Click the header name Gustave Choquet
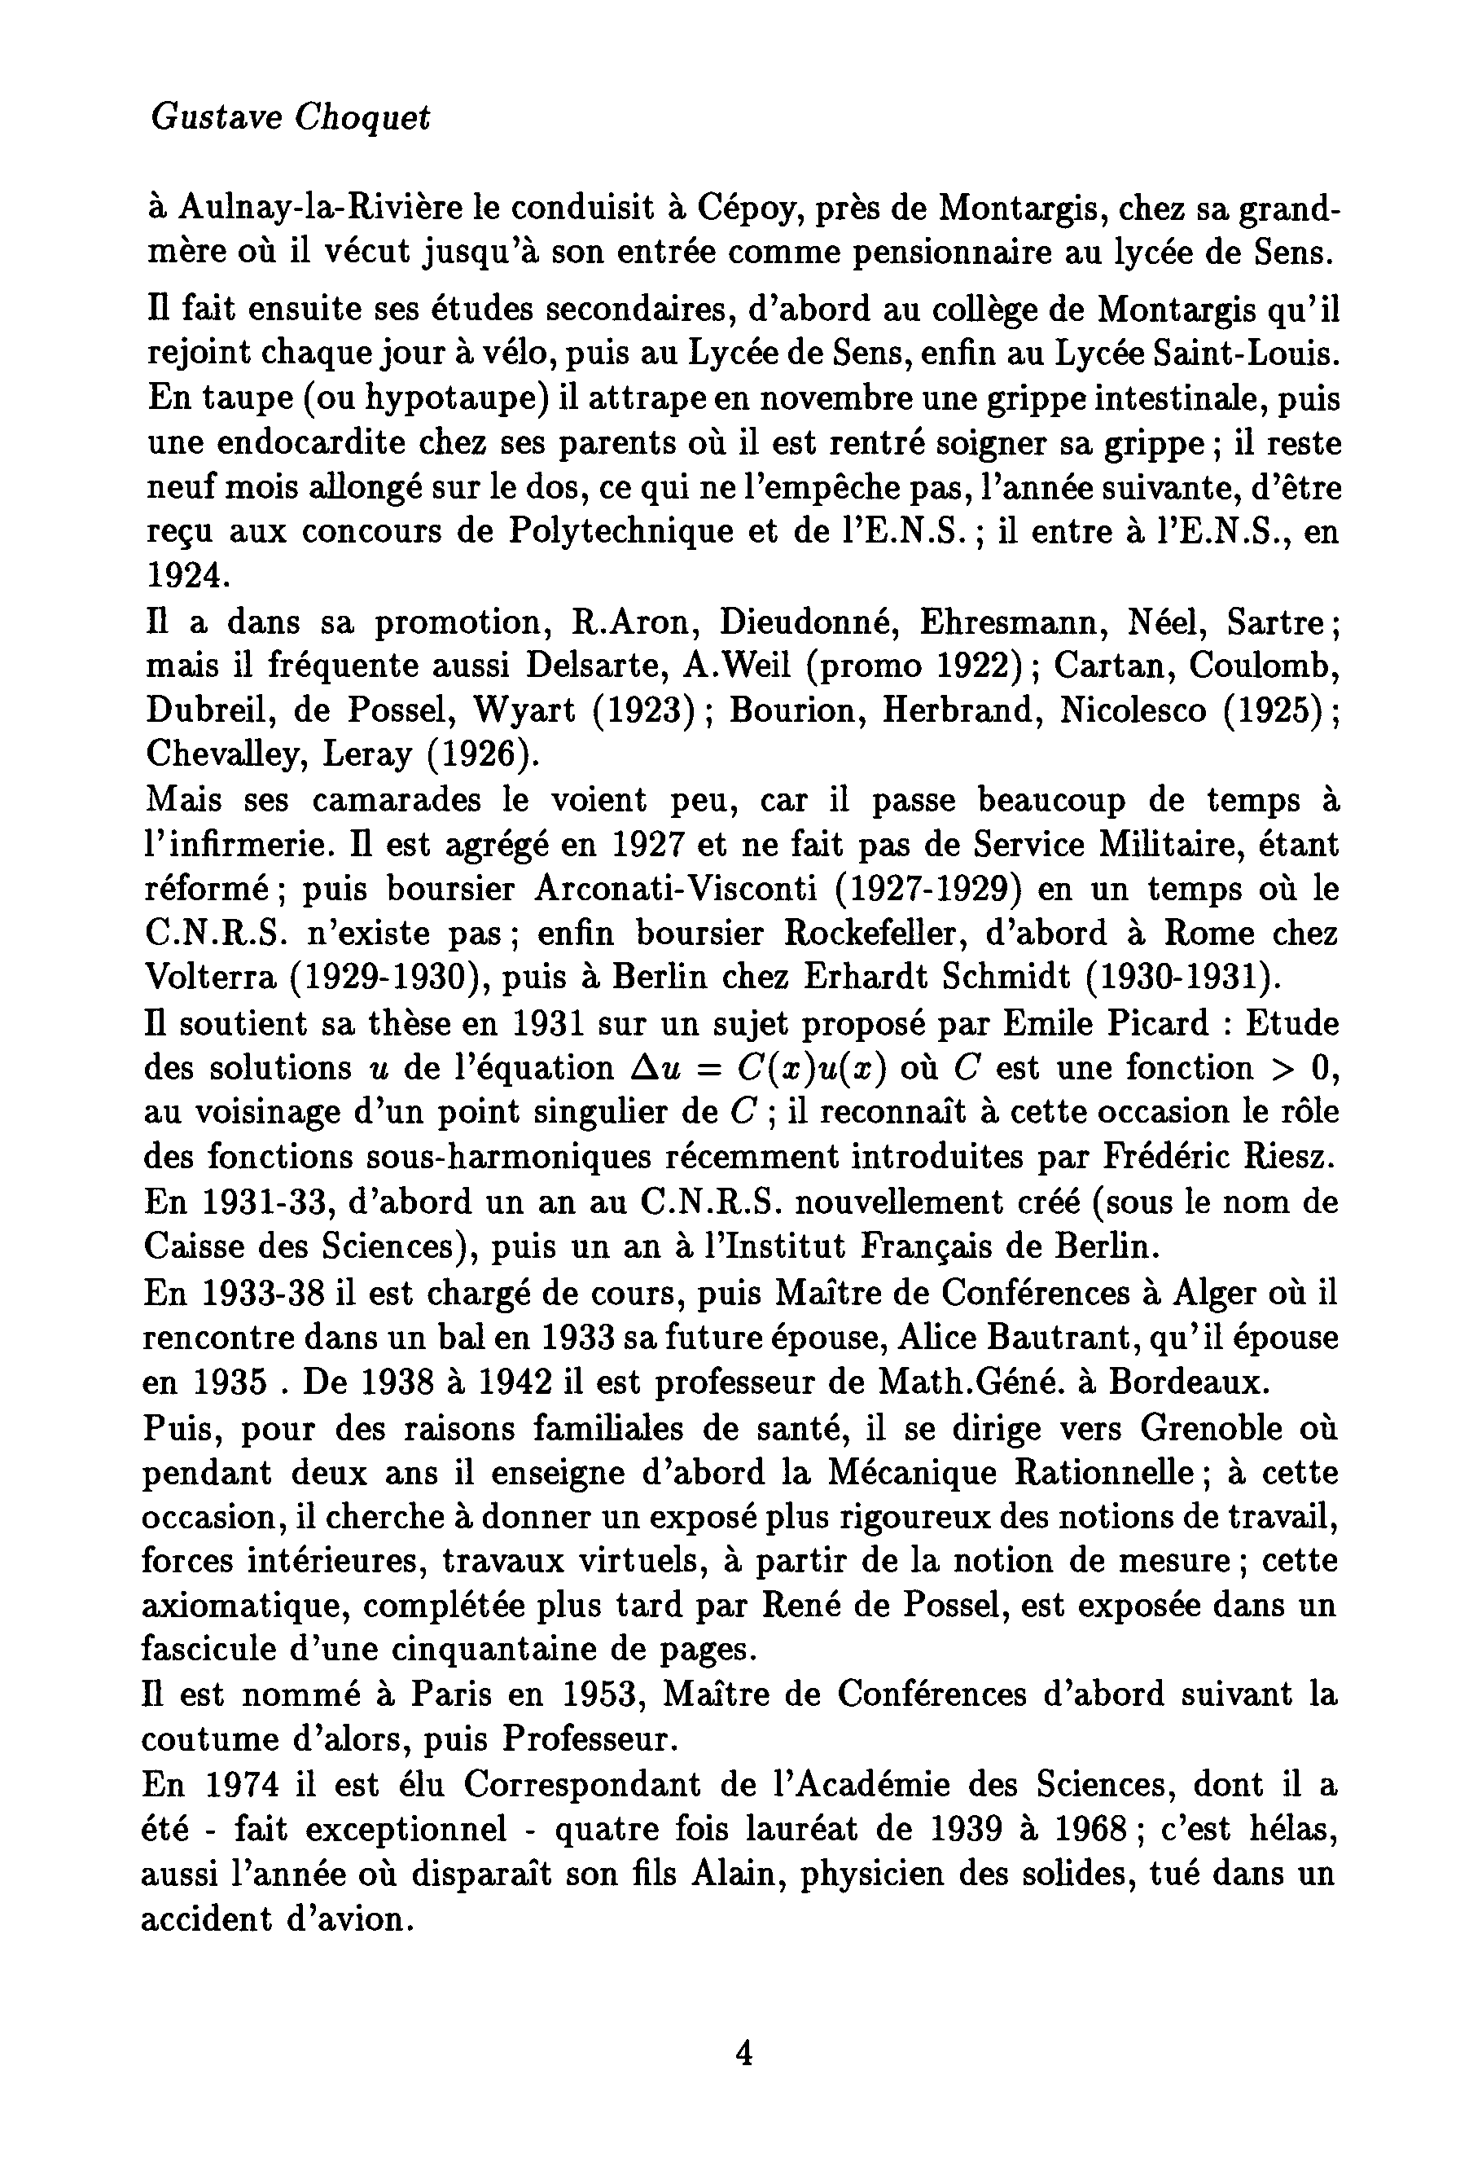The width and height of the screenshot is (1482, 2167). pos(290,118)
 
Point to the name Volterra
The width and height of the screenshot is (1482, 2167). pos(210,978)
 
